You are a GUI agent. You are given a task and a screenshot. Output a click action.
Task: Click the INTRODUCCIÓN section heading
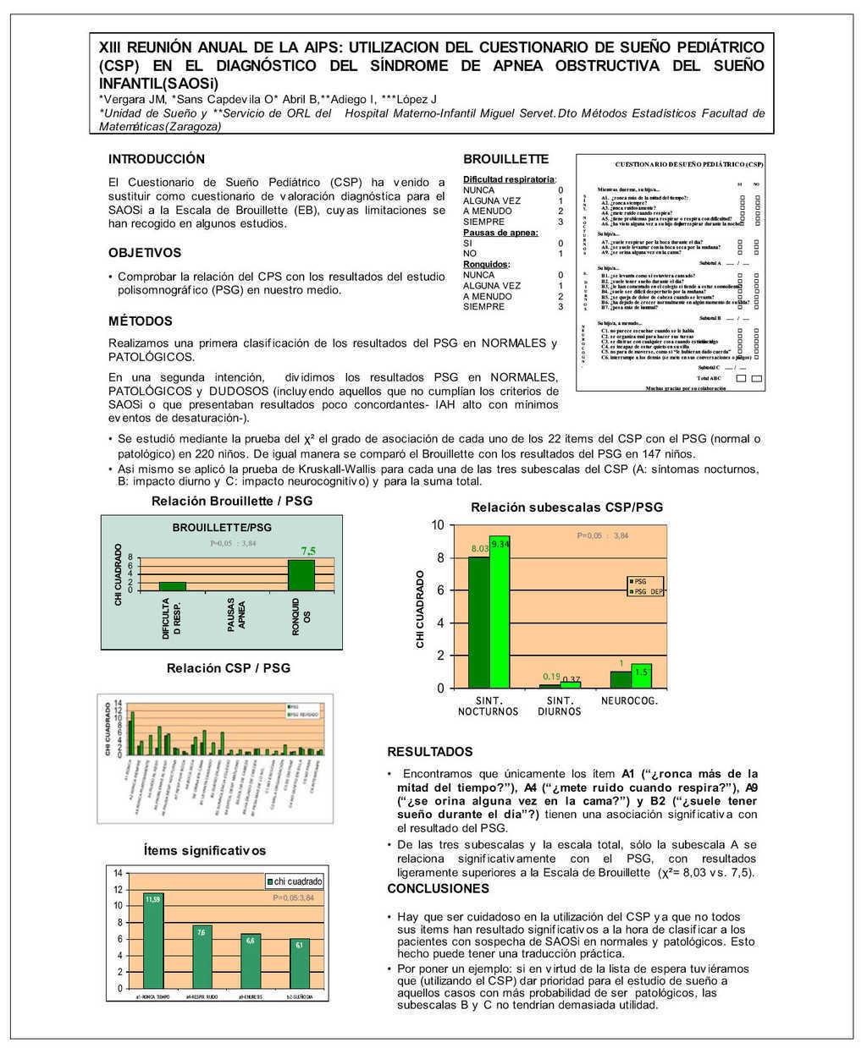[157, 159]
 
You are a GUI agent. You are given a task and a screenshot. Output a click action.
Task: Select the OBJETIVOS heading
[145, 253]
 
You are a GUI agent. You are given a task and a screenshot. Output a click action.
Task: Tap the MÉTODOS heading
[141, 321]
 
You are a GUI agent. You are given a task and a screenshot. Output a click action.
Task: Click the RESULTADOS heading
[430, 752]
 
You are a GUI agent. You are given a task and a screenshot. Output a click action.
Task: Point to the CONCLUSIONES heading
[438, 889]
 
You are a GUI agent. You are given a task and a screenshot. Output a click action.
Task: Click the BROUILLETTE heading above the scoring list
[505, 159]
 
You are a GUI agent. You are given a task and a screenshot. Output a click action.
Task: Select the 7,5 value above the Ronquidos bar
[308, 551]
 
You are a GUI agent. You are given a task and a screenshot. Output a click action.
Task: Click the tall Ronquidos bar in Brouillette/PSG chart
[301, 575]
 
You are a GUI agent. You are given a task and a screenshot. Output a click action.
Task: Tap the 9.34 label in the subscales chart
[500, 544]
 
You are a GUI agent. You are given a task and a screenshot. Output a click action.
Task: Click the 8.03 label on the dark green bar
[480, 550]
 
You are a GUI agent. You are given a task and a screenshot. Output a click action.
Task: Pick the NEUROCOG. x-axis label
[629, 700]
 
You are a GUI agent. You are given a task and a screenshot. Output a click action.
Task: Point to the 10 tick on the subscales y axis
[438, 525]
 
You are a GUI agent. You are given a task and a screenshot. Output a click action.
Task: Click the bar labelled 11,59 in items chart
[152, 941]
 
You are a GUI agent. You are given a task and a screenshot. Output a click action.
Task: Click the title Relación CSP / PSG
[229, 668]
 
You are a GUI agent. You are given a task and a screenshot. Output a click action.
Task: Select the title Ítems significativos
[205, 850]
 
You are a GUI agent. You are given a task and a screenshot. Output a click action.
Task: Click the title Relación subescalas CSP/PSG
[566, 508]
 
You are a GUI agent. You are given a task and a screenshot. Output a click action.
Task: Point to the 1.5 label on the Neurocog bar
[641, 672]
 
